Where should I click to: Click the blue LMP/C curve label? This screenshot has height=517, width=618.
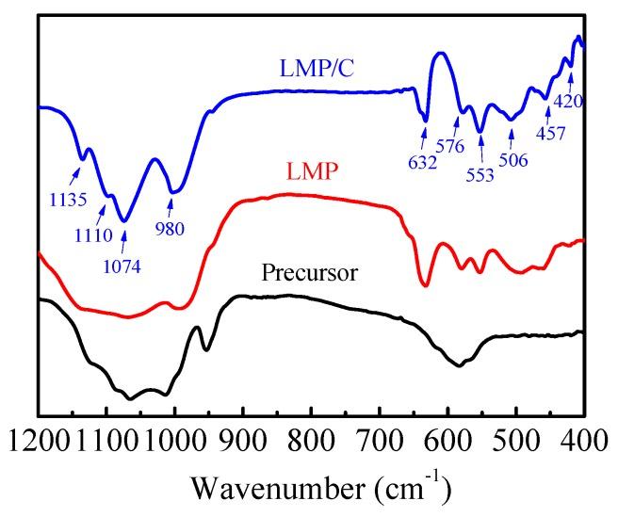tap(316, 68)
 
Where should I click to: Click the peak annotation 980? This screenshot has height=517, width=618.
tap(171, 226)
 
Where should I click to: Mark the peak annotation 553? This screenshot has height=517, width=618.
tap(480, 176)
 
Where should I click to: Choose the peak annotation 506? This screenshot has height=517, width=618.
tap(513, 159)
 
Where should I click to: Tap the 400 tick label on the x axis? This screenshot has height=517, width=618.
tap(582, 440)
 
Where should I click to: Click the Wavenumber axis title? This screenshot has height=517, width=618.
tap(309, 489)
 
